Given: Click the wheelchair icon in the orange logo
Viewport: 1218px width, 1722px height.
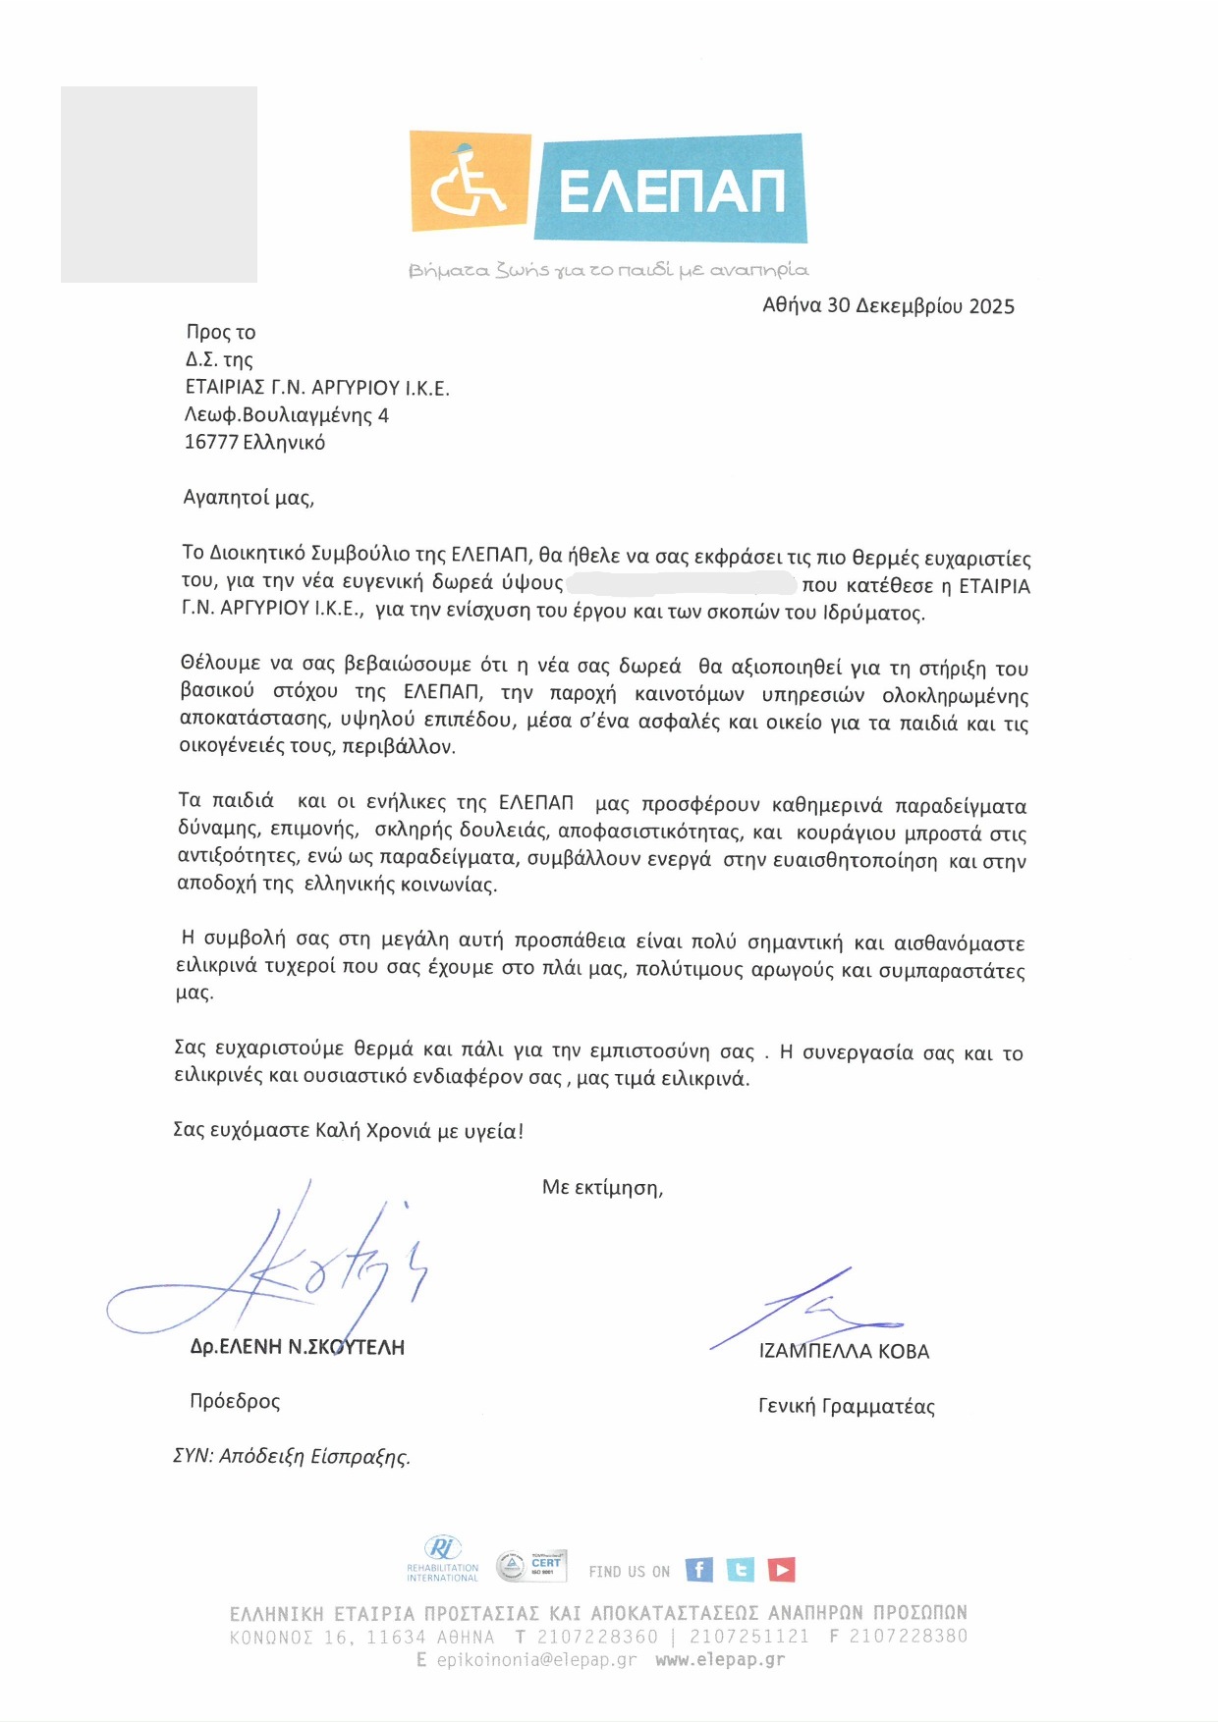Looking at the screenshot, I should click(x=470, y=182).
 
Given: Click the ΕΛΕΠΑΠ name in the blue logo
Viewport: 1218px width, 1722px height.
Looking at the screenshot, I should click(x=672, y=189).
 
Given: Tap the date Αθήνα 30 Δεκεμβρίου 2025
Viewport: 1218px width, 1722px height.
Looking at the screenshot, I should click(x=888, y=305).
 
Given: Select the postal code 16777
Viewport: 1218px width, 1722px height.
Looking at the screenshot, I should click(x=211, y=442).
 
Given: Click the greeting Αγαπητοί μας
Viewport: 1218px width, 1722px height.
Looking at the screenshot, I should click(x=249, y=497).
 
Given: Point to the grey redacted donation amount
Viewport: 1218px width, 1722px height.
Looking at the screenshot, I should click(x=681, y=583).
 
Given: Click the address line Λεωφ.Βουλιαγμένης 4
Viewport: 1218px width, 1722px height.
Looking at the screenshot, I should click(x=287, y=415).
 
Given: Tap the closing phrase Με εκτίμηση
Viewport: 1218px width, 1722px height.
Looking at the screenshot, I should click(x=602, y=1187).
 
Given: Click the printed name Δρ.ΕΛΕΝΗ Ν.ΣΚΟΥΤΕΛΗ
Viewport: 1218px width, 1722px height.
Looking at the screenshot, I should click(x=297, y=1347).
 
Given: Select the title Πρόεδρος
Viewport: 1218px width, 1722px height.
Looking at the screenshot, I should click(x=235, y=1401).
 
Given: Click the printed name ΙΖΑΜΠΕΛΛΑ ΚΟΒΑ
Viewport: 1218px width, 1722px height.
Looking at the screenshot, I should click(x=844, y=1351).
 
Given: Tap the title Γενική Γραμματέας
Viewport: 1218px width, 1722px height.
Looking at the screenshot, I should click(x=846, y=1406).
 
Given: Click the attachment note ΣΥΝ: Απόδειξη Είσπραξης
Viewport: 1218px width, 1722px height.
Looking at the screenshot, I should click(x=292, y=1456).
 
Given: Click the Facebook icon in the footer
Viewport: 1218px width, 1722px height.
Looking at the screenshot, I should click(x=698, y=1570).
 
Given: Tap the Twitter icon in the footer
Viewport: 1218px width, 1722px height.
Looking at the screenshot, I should click(x=741, y=1570).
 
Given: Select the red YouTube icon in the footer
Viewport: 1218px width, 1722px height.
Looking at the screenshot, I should click(x=782, y=1570).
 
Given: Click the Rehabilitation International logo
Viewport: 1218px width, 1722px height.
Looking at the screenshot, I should click(x=442, y=1559).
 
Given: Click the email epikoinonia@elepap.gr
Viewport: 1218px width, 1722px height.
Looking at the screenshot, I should click(x=536, y=1660).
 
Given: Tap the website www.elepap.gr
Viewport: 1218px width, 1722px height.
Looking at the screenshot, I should click(x=720, y=1660).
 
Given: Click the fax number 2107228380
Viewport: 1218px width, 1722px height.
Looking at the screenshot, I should click(x=908, y=1636).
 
